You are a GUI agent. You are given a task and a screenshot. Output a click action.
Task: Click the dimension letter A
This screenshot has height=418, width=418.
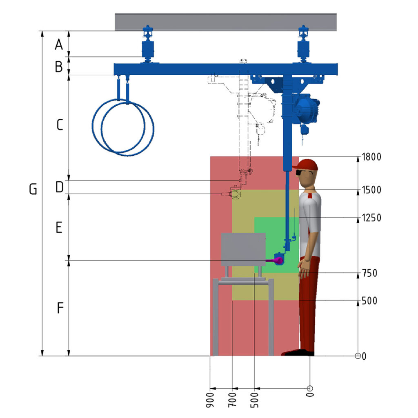click(59, 44)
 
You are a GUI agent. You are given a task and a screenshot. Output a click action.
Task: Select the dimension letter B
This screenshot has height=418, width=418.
click(59, 67)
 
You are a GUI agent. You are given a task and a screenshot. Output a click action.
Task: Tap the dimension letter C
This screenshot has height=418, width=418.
click(60, 125)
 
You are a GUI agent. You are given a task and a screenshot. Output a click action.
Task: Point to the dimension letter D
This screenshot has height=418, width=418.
click(60, 187)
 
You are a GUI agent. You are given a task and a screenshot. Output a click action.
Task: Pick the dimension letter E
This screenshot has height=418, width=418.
click(59, 228)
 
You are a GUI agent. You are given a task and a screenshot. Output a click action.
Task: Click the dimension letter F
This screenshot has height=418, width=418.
click(60, 308)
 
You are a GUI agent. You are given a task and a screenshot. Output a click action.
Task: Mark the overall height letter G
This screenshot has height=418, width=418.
click(33, 189)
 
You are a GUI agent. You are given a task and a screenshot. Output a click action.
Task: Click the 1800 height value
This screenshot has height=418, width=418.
click(371, 157)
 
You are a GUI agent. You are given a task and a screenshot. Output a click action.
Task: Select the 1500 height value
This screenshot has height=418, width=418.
click(371, 190)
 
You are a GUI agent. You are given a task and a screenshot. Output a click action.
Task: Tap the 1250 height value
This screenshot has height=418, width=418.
click(371, 218)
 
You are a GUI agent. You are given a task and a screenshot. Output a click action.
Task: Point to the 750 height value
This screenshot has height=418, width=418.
click(369, 273)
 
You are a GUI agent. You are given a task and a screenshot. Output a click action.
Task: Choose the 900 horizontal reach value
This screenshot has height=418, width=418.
click(210, 400)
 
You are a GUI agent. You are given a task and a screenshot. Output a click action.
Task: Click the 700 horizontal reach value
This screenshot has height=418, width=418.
click(232, 400)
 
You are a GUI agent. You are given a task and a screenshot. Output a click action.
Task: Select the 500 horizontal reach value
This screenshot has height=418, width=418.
click(254, 400)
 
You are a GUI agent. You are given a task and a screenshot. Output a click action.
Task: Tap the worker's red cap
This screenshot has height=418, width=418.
click(306, 165)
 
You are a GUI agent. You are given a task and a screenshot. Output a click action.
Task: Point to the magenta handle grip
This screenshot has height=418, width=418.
click(275, 260)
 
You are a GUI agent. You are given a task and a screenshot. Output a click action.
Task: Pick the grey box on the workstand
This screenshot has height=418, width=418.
click(243, 249)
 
